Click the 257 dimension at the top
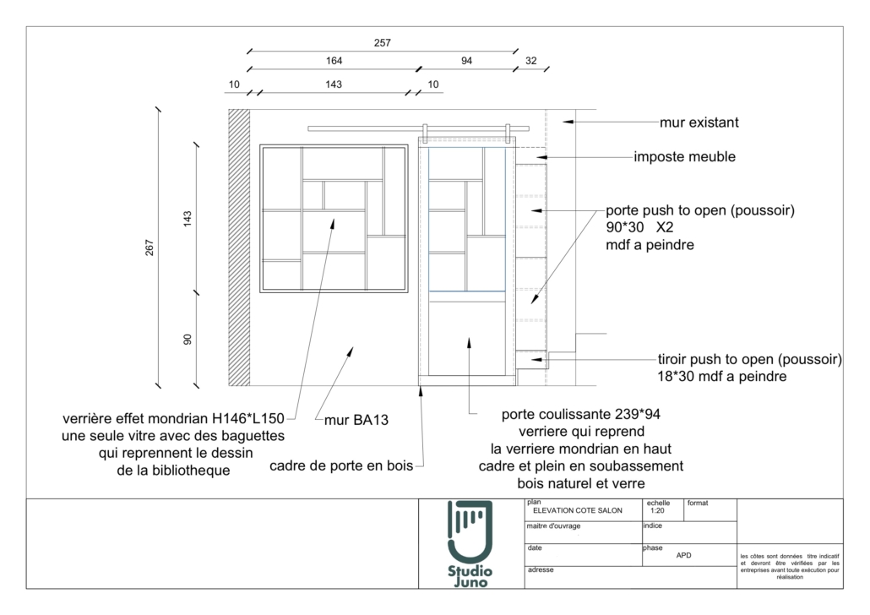pos(383,43)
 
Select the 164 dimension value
pos(334,61)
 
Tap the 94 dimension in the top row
pos(466,61)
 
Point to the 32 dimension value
pos(531,61)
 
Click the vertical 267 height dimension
pos(150,248)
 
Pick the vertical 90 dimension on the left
pos(188,339)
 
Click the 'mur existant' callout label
pos(699,122)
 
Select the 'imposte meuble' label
pos(685,157)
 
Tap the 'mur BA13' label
pos(356,420)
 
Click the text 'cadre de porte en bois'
pos(341,465)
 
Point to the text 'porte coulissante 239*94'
pos(581,415)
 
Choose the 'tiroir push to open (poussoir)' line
pos(749,360)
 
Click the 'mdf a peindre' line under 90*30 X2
pos(650,245)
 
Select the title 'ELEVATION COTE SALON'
pos(578,510)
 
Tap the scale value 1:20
pos(657,510)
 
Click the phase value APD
pos(683,555)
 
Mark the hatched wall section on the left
pos(239,248)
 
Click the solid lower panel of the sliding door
pos(466,338)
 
